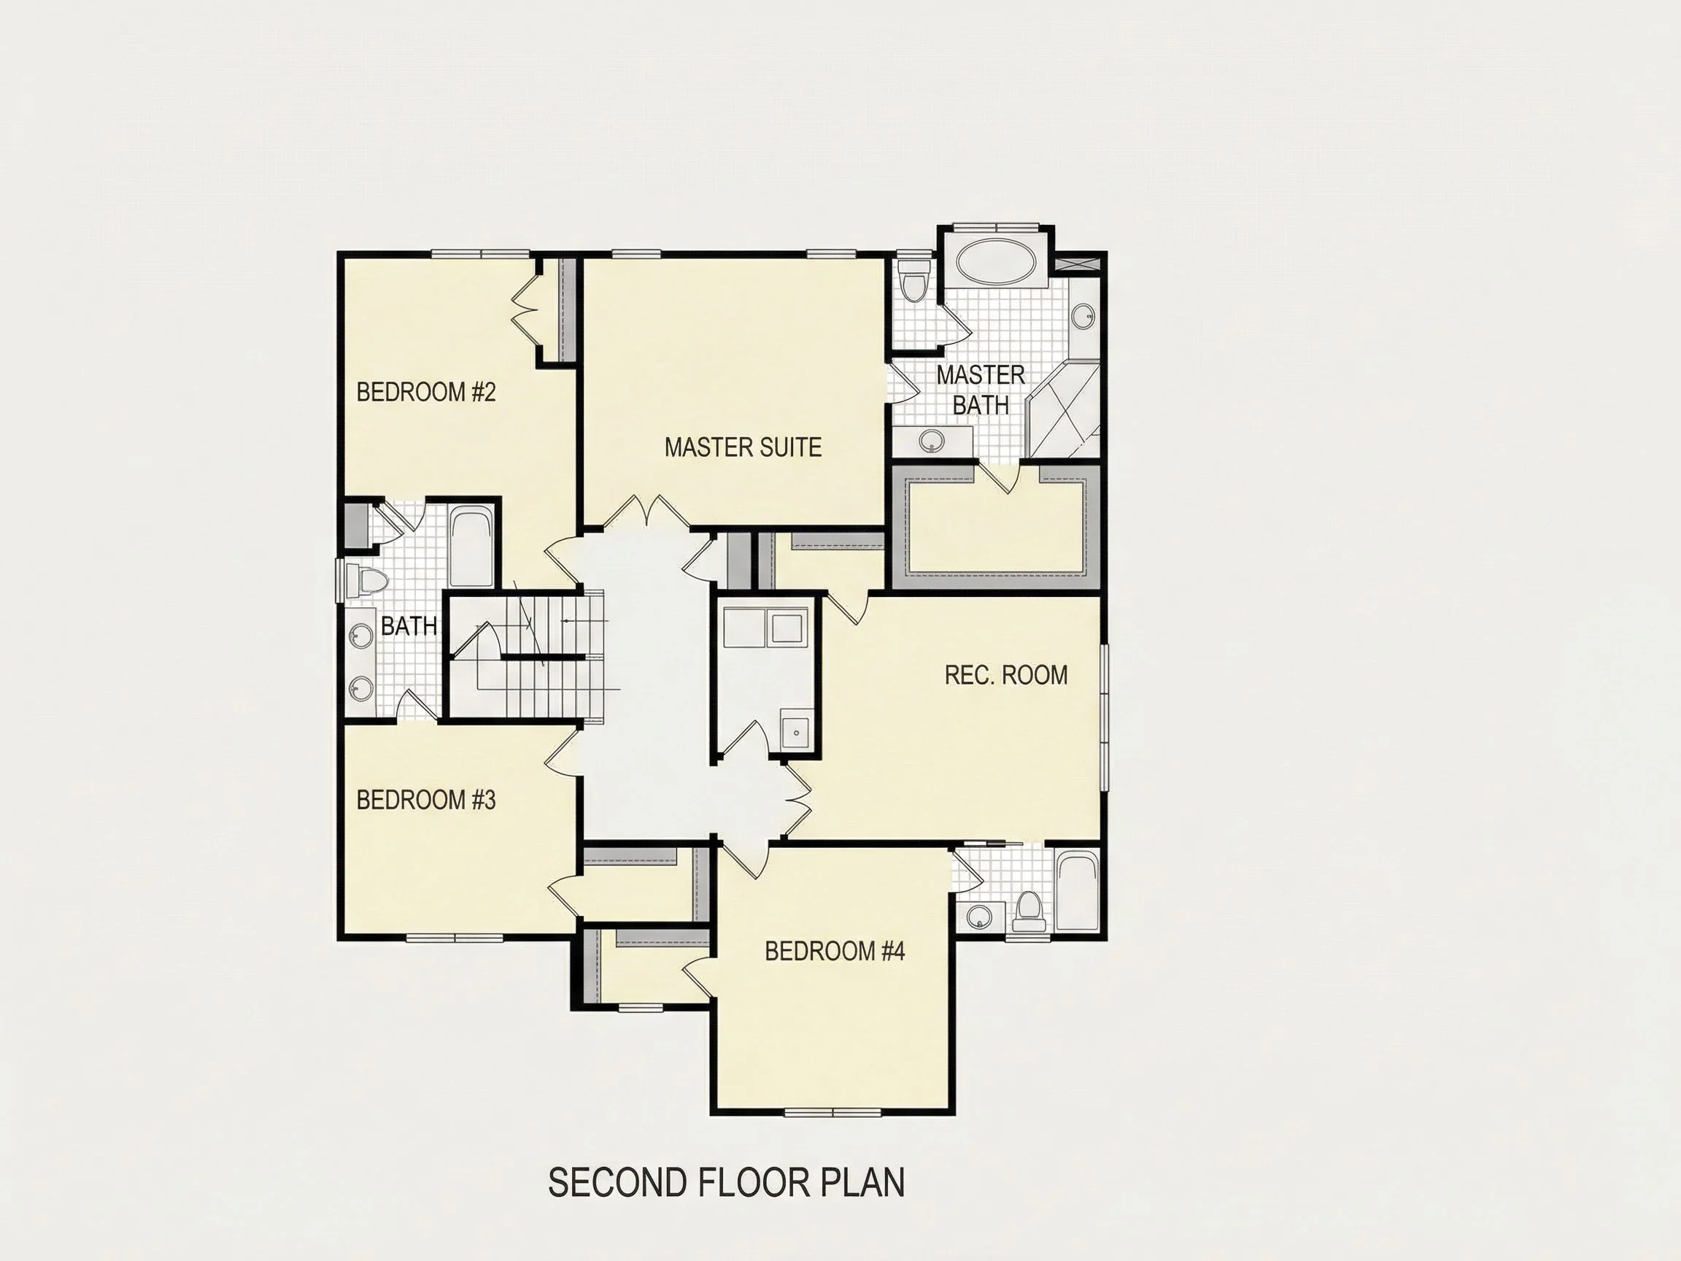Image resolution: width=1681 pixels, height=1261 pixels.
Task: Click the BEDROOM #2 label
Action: (425, 392)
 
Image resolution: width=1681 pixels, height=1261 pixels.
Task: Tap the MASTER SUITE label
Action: (743, 447)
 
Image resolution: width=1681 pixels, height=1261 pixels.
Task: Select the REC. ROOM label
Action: (1005, 675)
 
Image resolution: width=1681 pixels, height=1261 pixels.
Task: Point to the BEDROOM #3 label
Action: (425, 800)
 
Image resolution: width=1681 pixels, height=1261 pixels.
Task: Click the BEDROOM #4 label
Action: (835, 951)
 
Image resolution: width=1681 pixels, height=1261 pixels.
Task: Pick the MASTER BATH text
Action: (981, 390)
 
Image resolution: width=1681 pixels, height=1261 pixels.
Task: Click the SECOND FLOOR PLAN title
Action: (726, 1182)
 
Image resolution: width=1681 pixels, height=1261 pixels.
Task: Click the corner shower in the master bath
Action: (1062, 410)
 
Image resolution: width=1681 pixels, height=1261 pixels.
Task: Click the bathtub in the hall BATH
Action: (471, 547)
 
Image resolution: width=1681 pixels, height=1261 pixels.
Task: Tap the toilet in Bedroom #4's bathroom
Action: (1029, 911)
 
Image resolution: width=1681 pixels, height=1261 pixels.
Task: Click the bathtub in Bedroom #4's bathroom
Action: (1078, 891)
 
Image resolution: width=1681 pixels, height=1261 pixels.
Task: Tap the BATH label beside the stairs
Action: (409, 626)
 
